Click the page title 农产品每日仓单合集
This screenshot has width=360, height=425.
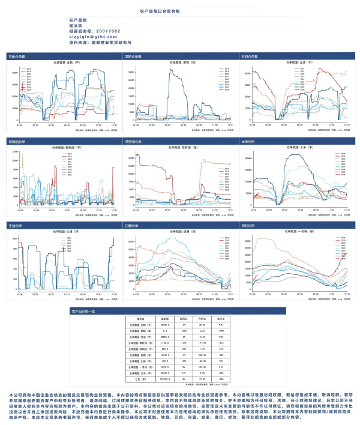click(x=179, y=11)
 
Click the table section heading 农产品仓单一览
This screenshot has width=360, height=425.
click(x=87, y=312)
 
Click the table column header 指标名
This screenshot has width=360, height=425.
click(x=140, y=318)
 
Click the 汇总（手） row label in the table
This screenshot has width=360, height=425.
click(x=140, y=379)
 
